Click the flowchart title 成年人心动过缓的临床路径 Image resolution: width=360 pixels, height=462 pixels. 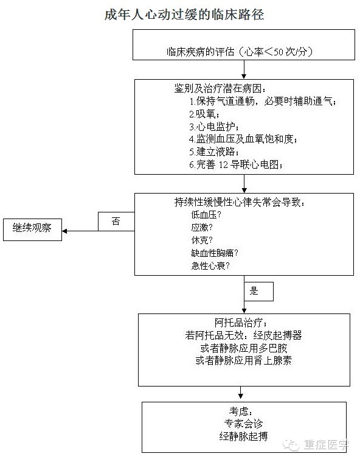pos(184,15)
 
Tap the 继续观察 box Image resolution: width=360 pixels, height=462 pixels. pos(32,229)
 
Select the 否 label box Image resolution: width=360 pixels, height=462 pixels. pos(116,222)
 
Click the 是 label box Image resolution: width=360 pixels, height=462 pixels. pos(258,292)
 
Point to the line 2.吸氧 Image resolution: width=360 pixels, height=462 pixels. pos(204,114)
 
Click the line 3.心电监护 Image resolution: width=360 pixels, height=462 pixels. pos(213,127)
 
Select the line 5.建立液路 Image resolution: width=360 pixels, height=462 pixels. pos(213,152)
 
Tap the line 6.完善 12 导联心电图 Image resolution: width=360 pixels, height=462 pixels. pos(236,164)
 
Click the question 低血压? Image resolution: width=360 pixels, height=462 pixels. pos(206,215)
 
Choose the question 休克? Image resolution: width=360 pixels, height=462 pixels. pos(202,240)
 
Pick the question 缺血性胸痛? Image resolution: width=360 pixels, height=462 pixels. pos(215,253)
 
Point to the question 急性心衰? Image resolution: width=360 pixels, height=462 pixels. pos(210,265)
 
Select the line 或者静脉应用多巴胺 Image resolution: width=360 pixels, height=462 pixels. pos(244,348)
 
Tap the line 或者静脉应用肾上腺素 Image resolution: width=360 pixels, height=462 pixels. pos(244,360)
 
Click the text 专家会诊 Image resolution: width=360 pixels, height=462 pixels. pos(243,424)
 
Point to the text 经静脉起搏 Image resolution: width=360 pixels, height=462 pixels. pos(243,436)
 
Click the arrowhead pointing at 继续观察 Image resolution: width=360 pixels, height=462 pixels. pos(64,231)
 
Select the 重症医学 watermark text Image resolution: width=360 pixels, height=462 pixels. pos(326,444)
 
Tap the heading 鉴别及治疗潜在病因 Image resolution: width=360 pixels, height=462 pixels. pos(220,88)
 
